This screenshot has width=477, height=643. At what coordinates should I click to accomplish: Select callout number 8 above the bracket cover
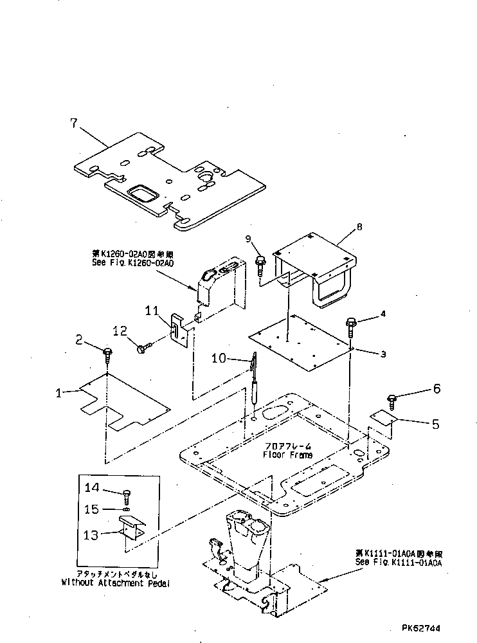tap(359, 226)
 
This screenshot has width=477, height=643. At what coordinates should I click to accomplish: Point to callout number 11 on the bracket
tap(152, 311)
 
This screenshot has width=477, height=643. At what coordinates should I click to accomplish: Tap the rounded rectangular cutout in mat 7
tap(142, 194)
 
